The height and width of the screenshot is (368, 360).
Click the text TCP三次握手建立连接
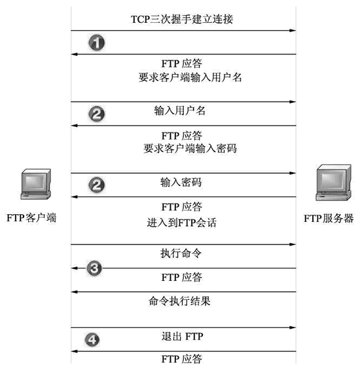tap(182, 19)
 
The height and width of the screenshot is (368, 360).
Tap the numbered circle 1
tap(97, 43)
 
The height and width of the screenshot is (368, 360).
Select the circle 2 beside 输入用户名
tap(97, 114)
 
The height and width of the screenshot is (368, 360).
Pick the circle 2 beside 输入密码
tap(97, 185)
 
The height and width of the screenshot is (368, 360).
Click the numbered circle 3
tap(94, 268)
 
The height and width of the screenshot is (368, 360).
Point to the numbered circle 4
tap(92, 340)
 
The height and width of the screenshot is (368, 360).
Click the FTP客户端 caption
tap(31, 218)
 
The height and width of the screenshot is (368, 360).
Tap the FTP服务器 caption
tap(329, 218)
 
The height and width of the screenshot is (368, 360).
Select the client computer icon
tap(36, 184)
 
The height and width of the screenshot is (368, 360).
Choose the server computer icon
tap(334, 183)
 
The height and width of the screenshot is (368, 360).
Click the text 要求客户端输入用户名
tap(190, 77)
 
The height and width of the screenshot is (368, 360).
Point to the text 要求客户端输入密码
tap(190, 149)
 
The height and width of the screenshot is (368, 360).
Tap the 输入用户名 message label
tap(179, 111)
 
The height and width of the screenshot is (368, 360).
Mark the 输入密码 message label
tap(181, 182)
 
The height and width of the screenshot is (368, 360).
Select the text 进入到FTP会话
tap(181, 223)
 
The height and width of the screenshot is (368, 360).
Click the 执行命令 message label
tap(181, 253)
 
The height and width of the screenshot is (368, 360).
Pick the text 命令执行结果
tap(179, 301)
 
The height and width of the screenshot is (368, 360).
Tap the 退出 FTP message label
tap(182, 337)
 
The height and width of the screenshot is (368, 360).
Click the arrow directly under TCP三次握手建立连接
tap(183, 31)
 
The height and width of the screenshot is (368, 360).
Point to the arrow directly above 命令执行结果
tap(183, 292)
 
